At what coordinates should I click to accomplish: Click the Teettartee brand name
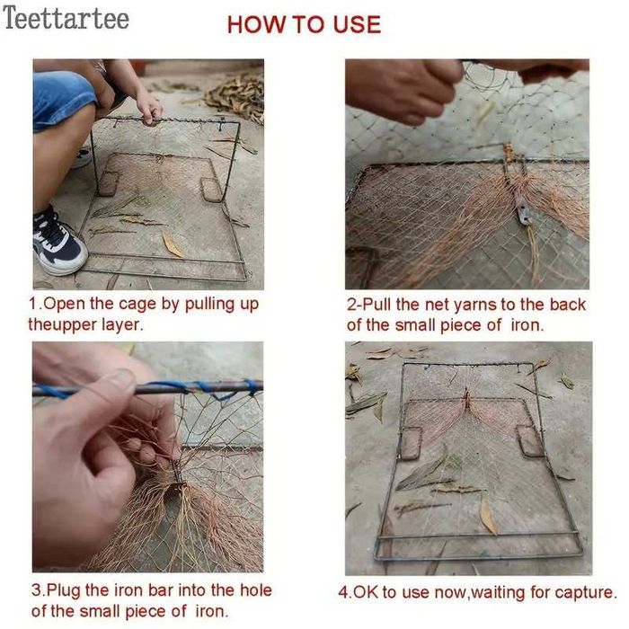66,18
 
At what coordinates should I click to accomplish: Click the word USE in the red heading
357,24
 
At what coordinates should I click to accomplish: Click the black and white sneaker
59,243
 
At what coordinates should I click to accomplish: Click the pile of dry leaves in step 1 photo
237,97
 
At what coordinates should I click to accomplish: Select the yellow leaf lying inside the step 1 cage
173,244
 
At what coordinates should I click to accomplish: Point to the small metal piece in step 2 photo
522,209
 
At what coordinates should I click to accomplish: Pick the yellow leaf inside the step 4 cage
488,517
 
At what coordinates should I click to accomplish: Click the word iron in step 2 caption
527,325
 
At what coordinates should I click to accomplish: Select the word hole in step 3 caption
255,590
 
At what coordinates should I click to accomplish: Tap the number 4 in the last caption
343,593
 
